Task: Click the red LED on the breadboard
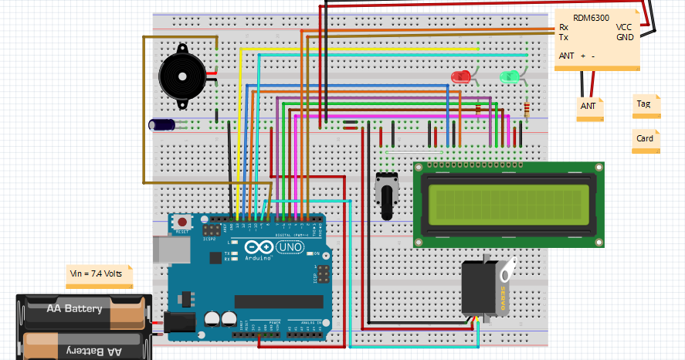pos(461,76)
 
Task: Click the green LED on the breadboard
pos(509,76)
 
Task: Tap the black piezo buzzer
pos(181,76)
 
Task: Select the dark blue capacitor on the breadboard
pos(162,124)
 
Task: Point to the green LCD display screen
pos(507,205)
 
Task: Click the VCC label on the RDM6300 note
pos(624,27)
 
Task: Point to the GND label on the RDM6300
pos(625,36)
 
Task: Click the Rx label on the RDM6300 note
pos(564,27)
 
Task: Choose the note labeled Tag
pos(645,104)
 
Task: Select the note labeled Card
pos(645,139)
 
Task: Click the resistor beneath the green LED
pos(527,108)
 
